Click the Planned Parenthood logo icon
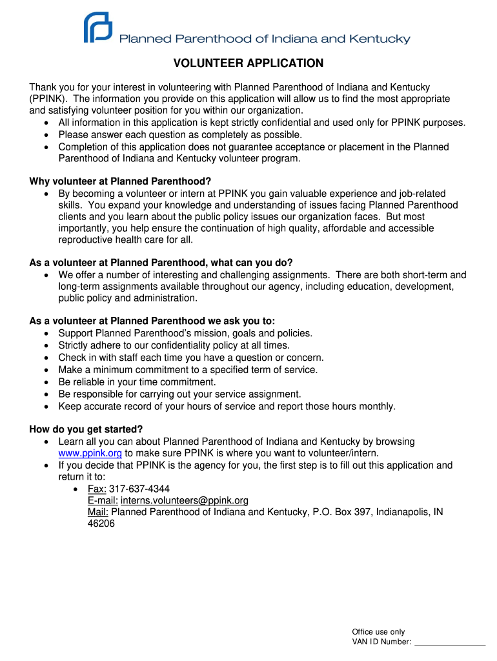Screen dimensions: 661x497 pyautogui.click(x=97, y=29)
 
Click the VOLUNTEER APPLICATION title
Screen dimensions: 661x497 pyautogui.click(x=248, y=64)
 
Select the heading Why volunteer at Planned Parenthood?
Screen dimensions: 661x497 pyautogui.click(x=121, y=181)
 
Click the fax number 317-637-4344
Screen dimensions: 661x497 pyautogui.click(x=139, y=489)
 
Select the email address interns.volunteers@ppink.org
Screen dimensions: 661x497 pyautogui.click(x=185, y=500)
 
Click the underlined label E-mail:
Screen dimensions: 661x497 pyautogui.click(x=103, y=500)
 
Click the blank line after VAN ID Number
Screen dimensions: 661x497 pyautogui.click(x=449, y=642)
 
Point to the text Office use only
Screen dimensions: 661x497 pyautogui.click(x=378, y=632)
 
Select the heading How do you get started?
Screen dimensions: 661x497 pyautogui.click(x=86, y=429)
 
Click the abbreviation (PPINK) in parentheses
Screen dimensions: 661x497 pyautogui.click(x=49, y=99)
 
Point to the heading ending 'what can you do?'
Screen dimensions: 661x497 pyautogui.click(x=161, y=262)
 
